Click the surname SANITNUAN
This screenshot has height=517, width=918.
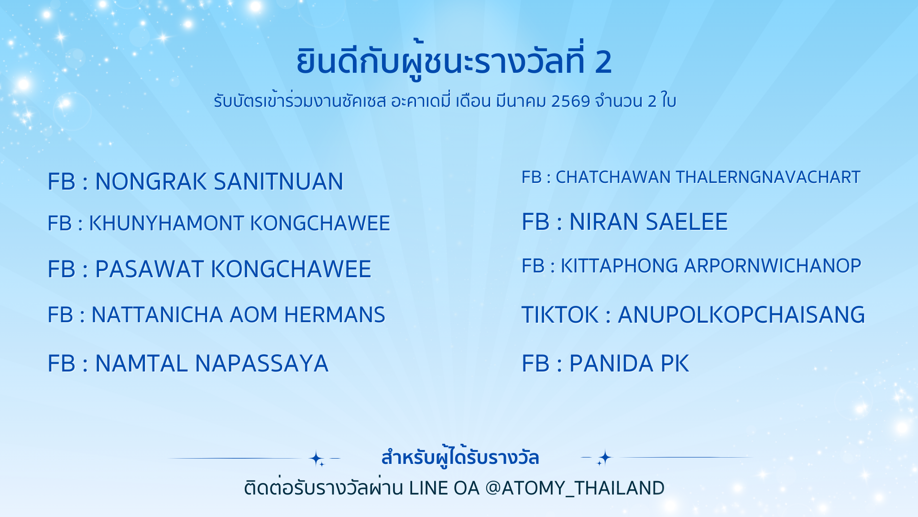[278, 182]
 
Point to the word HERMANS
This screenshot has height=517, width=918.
[335, 315]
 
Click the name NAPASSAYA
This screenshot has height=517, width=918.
[262, 364]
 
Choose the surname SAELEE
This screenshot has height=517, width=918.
[687, 222]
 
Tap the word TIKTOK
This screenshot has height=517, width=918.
[560, 315]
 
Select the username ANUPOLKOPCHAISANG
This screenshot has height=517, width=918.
[742, 315]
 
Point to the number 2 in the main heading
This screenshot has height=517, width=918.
[603, 62]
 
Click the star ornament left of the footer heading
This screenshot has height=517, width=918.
[317, 459]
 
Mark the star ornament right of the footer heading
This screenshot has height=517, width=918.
[603, 458]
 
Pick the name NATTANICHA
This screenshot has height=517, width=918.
[157, 315]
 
